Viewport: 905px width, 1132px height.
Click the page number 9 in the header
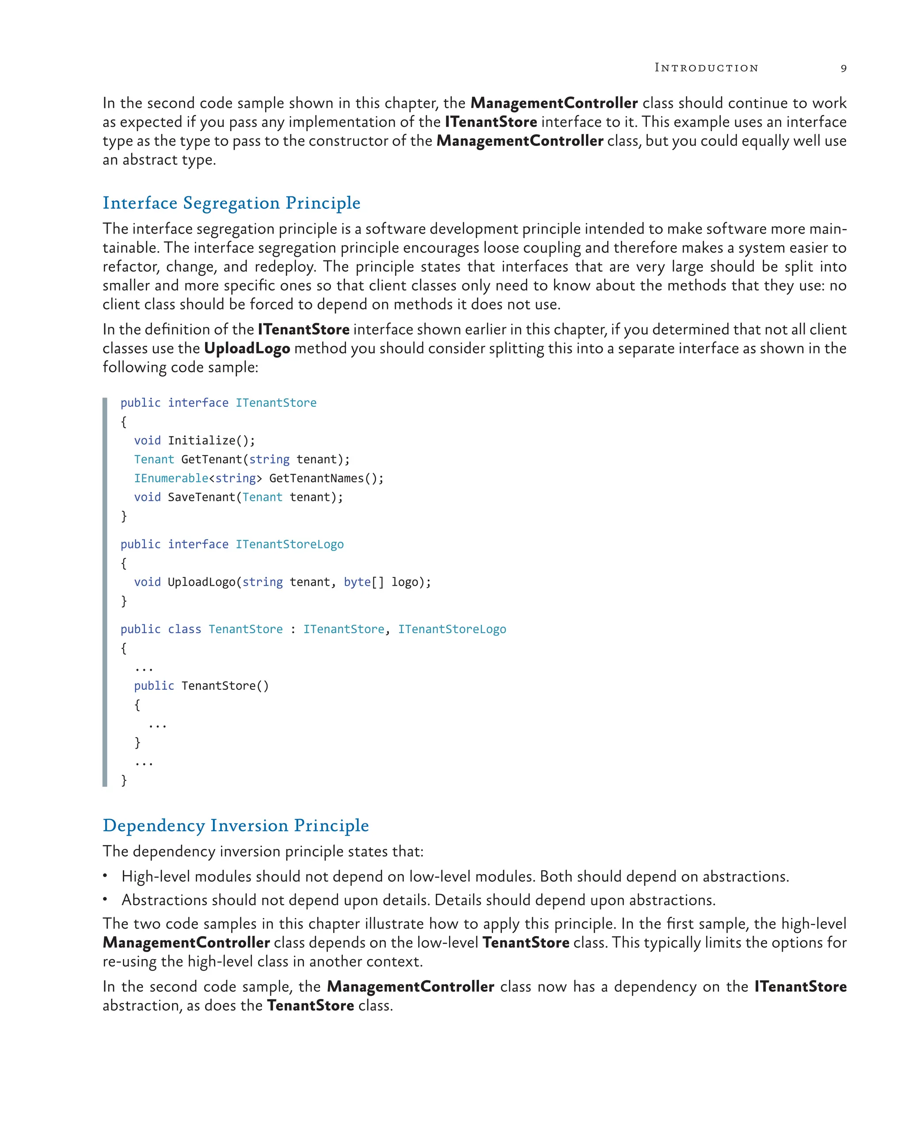click(843, 68)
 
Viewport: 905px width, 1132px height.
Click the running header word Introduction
click(706, 68)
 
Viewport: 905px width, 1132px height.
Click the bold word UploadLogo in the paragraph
click(247, 348)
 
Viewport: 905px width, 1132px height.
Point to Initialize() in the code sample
click(211, 440)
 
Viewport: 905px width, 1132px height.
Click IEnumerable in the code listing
click(171, 478)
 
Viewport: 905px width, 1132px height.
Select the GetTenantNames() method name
click(326, 478)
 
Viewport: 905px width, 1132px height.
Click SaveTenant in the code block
click(202, 497)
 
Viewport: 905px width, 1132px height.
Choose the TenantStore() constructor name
click(224, 686)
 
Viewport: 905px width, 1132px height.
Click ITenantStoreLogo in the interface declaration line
click(289, 544)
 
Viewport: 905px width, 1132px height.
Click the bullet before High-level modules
click(106, 875)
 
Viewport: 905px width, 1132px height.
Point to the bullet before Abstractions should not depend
click(106, 899)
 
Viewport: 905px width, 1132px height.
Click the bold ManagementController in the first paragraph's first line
click(554, 103)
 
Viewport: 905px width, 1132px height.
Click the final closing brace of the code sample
click(124, 780)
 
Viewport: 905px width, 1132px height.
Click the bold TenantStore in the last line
click(311, 1005)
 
